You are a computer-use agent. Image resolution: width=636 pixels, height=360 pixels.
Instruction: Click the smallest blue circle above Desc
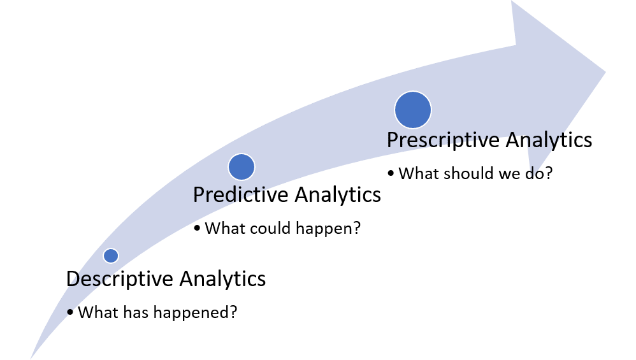pos(111,256)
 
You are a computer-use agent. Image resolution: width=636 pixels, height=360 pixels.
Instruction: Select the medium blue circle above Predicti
pos(242,166)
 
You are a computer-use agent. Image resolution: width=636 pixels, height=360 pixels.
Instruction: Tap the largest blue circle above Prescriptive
pos(413,110)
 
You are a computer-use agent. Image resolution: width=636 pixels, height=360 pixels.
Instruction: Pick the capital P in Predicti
pos(199,194)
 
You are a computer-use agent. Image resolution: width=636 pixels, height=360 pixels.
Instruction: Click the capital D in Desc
pos(75,280)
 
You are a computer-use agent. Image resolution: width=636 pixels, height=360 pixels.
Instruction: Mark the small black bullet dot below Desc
pos(69,312)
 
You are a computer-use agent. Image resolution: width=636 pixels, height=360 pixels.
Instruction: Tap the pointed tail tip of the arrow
pos(31,357)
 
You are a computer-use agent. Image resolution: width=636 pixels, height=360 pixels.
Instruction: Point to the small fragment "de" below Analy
pos(534,172)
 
